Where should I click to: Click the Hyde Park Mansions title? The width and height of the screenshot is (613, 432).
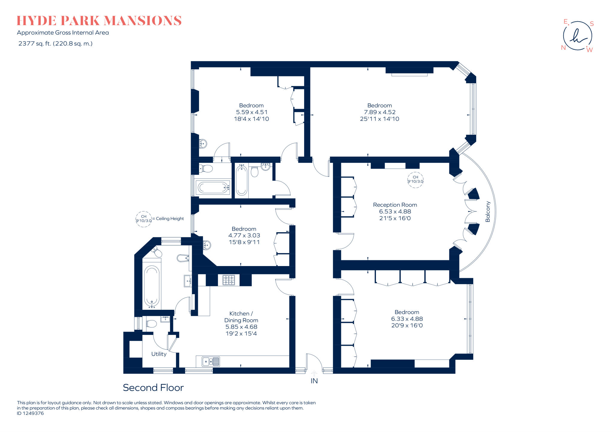(99, 21)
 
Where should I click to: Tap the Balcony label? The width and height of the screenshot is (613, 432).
(488, 212)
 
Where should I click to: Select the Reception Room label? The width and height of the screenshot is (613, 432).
(395, 205)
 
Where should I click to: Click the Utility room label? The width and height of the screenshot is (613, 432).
(159, 354)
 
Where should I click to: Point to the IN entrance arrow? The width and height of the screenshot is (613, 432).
(314, 374)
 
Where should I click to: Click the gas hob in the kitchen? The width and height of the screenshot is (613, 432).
(229, 280)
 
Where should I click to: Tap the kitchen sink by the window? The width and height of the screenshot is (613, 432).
(211, 362)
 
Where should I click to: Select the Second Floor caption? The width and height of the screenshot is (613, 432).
(153, 388)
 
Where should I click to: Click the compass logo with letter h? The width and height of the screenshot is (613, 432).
(577, 36)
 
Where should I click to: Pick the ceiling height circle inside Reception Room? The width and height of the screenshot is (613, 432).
(415, 179)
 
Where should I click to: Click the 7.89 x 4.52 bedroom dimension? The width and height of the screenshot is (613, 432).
(380, 112)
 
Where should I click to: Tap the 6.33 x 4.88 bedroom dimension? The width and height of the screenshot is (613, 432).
(407, 319)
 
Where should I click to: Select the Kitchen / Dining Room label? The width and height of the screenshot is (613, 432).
(241, 317)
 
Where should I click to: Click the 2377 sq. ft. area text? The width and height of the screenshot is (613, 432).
(55, 43)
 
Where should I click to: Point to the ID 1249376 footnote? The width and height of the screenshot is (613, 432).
(30, 413)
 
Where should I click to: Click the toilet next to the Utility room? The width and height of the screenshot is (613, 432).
(151, 324)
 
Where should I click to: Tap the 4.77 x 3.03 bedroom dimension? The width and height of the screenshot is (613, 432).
(244, 235)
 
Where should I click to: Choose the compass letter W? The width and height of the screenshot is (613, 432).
(589, 50)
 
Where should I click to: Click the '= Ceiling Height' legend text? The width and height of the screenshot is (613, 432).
(168, 219)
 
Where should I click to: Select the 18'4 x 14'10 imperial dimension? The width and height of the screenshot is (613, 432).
(251, 119)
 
